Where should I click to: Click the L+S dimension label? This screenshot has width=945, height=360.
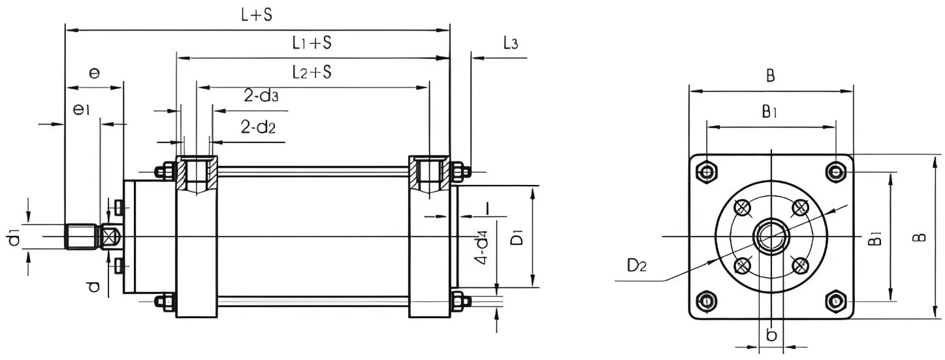click(x=257, y=16)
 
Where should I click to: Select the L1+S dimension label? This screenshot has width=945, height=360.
click(x=312, y=44)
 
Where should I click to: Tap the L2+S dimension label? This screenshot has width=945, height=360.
click(x=312, y=72)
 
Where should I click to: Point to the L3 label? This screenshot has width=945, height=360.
click(x=511, y=44)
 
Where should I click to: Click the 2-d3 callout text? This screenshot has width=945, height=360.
click(x=261, y=97)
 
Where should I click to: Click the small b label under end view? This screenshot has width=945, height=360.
click(x=771, y=335)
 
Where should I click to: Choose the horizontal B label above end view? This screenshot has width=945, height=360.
click(x=771, y=76)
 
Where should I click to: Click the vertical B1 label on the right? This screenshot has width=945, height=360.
click(x=876, y=237)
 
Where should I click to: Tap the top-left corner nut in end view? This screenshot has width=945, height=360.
click(x=706, y=172)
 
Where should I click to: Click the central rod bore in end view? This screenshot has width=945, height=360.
click(x=771, y=236)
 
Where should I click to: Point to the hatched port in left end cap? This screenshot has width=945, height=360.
click(x=197, y=173)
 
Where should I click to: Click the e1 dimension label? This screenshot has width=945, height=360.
click(x=81, y=111)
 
